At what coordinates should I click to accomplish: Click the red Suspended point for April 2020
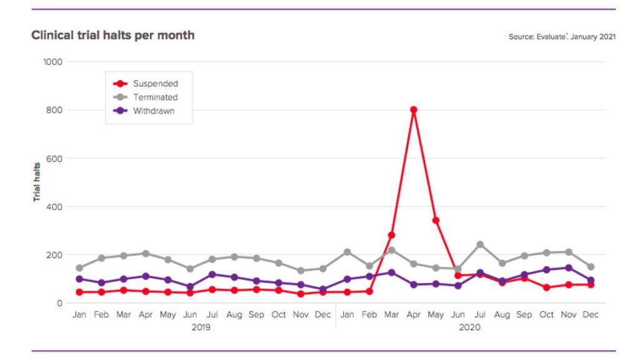tap(413, 110)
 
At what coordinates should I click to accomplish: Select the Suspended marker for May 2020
tap(436, 220)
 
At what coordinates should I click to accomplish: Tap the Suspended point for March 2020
tap(391, 235)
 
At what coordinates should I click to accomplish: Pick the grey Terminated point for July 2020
tap(480, 244)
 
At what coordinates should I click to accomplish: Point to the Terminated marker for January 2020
tap(347, 252)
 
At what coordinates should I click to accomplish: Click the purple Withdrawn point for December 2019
tap(323, 289)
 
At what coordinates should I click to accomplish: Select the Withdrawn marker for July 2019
tap(212, 274)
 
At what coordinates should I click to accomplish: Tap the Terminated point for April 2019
tap(146, 254)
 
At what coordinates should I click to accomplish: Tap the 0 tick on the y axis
tap(61, 303)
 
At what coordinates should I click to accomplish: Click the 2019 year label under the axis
tap(201, 327)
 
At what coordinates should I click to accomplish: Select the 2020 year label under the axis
tap(469, 327)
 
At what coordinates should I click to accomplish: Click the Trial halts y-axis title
tap(37, 182)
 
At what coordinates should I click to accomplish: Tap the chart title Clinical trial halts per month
tap(113, 36)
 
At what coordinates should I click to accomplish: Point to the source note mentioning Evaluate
tap(562, 37)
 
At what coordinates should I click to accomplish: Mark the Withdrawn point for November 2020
tap(569, 268)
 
